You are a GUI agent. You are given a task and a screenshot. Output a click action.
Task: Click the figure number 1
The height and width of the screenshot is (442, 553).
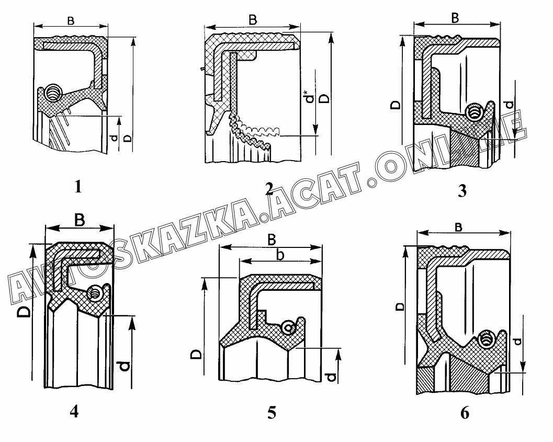point(78,186)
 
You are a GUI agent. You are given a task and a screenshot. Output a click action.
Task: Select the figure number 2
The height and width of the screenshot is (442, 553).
point(269,189)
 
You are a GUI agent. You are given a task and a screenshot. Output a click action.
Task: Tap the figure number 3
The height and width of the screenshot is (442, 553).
point(462,191)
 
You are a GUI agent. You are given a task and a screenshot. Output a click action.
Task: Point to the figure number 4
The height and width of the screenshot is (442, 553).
point(74,411)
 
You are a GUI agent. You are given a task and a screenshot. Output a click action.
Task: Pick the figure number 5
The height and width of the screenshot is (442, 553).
point(272,413)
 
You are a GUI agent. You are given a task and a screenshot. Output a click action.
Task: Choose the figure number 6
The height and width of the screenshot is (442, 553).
point(465,413)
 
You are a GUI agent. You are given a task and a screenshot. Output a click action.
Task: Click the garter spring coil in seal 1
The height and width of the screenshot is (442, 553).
point(54,93)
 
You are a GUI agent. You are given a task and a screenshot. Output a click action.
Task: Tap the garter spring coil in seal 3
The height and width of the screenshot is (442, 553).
point(474,112)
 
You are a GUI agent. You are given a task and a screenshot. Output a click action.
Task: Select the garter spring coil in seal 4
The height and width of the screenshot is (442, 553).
point(95,292)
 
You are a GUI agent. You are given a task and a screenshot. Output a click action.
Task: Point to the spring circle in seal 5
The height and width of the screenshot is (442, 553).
point(289,327)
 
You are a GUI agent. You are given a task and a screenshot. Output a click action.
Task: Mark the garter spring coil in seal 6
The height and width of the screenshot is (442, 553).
point(487,339)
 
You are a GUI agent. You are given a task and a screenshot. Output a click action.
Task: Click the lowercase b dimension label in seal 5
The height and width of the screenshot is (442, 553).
point(280,255)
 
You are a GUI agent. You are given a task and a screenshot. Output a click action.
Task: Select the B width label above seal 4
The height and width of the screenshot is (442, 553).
point(80,220)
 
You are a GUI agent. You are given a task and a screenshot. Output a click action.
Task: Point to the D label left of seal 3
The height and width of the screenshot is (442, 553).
point(396,105)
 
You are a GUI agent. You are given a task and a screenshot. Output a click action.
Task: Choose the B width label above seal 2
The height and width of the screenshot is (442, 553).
point(253,20)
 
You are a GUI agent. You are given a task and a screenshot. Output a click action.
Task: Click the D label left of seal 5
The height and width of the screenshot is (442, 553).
point(196,354)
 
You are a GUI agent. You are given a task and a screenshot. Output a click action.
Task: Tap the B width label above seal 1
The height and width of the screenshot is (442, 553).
point(71,21)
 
